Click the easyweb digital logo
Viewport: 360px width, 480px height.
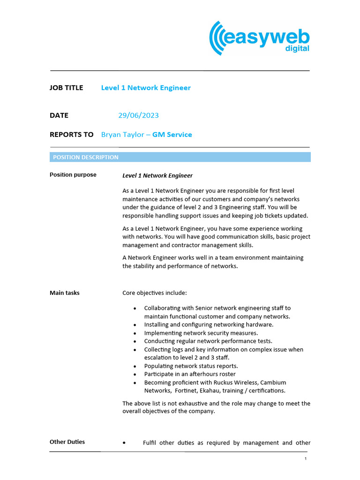(x=259, y=38)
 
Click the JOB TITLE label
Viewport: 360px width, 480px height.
(x=66, y=88)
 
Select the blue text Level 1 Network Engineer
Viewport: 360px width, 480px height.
(x=146, y=88)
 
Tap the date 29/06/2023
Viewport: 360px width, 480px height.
(x=142, y=115)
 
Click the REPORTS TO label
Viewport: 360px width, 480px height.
(x=71, y=135)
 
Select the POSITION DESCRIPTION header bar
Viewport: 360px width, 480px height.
(x=180, y=157)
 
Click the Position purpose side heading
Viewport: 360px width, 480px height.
(x=73, y=175)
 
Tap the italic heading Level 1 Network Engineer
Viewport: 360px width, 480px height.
(x=157, y=176)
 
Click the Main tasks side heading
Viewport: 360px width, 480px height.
(x=65, y=293)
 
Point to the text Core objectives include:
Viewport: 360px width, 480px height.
(x=155, y=293)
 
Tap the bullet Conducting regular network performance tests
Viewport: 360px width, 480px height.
(x=208, y=341)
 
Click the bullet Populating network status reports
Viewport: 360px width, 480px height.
(x=191, y=366)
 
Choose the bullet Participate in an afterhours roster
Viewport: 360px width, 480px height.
(x=190, y=374)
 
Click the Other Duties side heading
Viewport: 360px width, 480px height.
(x=67, y=442)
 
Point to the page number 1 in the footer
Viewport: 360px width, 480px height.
(x=305, y=458)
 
